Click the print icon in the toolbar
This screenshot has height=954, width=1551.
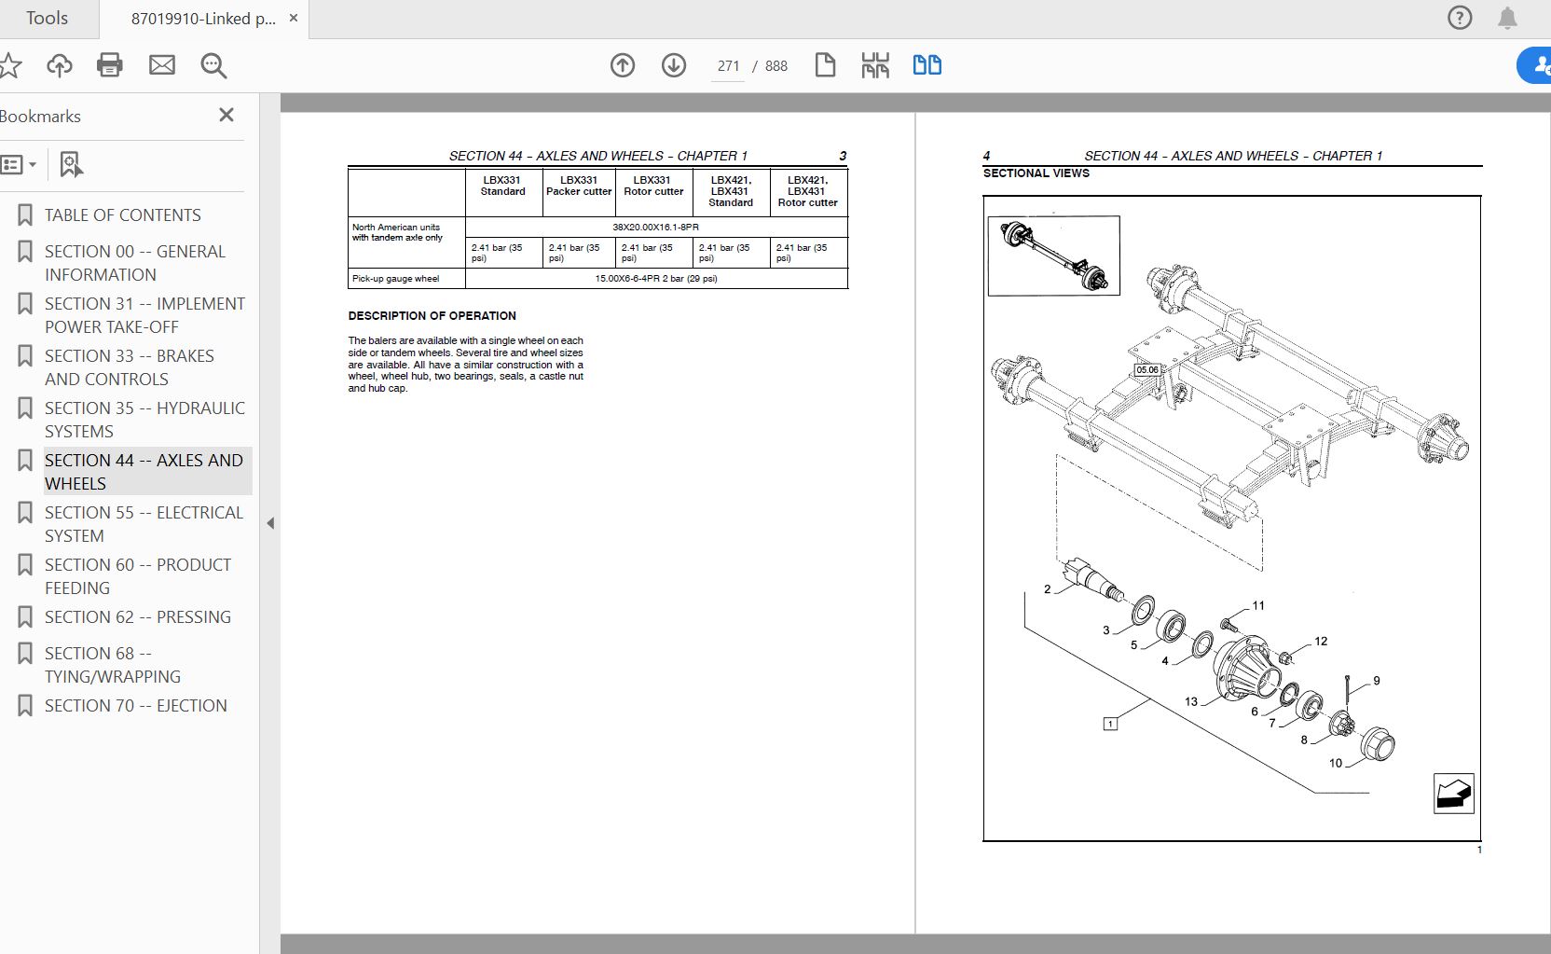(x=110, y=65)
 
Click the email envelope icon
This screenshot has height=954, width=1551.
(x=162, y=65)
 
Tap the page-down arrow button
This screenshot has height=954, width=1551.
(x=674, y=65)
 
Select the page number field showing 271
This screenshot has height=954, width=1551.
(x=728, y=66)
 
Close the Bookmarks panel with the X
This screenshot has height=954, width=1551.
(x=226, y=115)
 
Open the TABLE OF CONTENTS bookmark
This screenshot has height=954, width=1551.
(x=122, y=215)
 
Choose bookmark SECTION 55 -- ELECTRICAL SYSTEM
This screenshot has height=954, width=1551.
(x=144, y=524)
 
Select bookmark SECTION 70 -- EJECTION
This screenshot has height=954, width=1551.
(x=135, y=706)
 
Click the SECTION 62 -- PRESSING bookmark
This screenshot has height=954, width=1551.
(x=137, y=617)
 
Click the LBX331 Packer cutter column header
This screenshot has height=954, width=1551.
(x=579, y=187)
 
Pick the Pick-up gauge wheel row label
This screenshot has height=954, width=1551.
(x=395, y=279)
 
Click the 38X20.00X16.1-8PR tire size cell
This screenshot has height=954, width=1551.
(x=655, y=228)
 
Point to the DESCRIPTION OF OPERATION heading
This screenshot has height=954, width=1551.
(x=432, y=316)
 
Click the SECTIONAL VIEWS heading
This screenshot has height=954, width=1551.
(x=1036, y=173)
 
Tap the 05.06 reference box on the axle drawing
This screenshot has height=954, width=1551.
(x=1146, y=370)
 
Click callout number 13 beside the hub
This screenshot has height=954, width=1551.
(x=1191, y=702)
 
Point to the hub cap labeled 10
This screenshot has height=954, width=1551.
(x=1377, y=747)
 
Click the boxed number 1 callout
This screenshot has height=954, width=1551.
(x=1110, y=724)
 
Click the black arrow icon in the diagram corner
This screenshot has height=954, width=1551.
(x=1453, y=794)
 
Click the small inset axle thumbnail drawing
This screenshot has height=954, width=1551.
(x=1053, y=256)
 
